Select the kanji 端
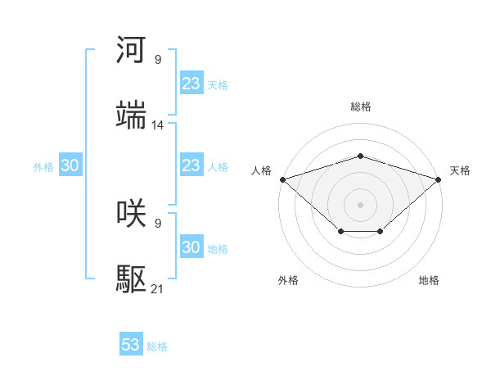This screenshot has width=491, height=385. click(x=132, y=116)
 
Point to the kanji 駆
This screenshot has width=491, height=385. click(x=132, y=281)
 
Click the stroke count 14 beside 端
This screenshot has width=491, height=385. click(x=158, y=125)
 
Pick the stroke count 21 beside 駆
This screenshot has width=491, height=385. click(x=158, y=289)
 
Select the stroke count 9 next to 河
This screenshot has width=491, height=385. click(x=158, y=59)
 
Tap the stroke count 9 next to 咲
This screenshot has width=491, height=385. click(x=158, y=222)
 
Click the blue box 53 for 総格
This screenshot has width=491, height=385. click(x=131, y=345)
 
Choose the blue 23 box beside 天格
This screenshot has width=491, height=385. click(x=191, y=83)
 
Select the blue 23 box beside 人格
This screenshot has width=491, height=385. click(x=191, y=165)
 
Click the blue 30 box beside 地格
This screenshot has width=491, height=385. click(x=191, y=247)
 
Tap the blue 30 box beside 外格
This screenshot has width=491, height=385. click(x=70, y=165)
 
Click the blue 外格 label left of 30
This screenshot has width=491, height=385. click(x=43, y=166)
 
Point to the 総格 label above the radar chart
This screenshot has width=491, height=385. click(x=360, y=106)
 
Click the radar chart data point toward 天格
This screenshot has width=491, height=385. click(x=439, y=179)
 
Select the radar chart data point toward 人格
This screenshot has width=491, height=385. click(x=282, y=179)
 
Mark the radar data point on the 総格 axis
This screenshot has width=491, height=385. click(x=360, y=156)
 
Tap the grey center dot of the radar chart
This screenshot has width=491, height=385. click(x=360, y=204)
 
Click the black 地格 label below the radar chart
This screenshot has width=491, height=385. click(x=429, y=280)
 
